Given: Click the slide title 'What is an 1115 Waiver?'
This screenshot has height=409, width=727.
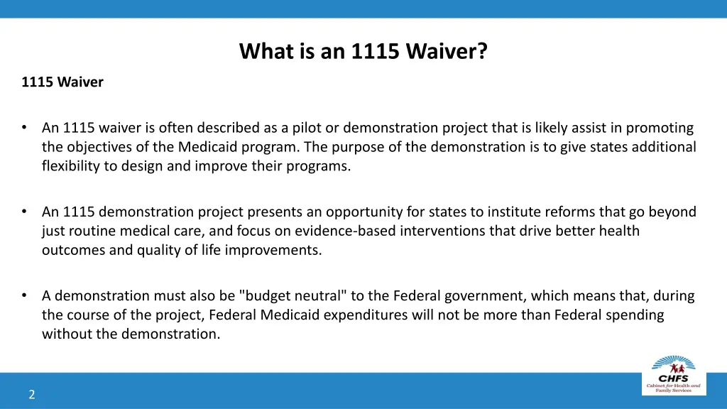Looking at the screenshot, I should [x=363, y=52].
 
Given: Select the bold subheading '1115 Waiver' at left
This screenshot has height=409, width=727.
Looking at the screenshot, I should [x=62, y=82].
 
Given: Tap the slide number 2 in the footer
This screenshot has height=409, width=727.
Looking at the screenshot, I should [x=32, y=395].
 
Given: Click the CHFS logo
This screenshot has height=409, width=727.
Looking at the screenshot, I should [x=673, y=373].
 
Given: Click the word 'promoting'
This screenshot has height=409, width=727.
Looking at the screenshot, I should [x=662, y=129].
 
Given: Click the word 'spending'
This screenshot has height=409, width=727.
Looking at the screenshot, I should [x=636, y=315].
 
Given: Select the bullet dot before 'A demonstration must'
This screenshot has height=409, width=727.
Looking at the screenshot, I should [x=25, y=295].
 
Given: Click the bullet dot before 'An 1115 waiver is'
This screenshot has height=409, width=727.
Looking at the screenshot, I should [x=25, y=128].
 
